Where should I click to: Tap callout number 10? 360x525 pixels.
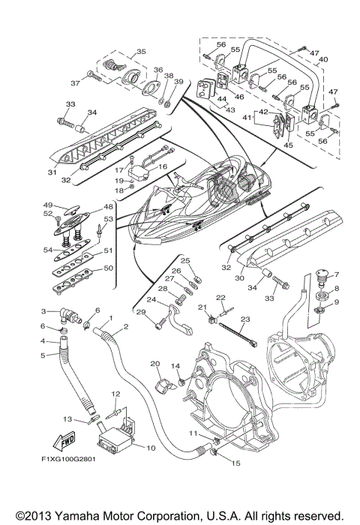(x=151, y=447)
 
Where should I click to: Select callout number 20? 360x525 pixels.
(x=154, y=364)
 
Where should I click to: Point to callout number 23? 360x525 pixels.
(x=245, y=319)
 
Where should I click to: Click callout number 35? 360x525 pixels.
(x=141, y=52)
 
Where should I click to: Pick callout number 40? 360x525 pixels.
(x=323, y=59)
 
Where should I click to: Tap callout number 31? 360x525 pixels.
(x=52, y=172)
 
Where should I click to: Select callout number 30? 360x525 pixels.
(x=239, y=278)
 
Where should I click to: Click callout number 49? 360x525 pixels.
(x=48, y=205)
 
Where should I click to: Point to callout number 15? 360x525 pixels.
(x=235, y=463)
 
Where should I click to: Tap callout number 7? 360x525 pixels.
(x=336, y=275)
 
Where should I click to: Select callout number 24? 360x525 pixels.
(x=151, y=299)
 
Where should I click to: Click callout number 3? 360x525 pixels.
(x=43, y=311)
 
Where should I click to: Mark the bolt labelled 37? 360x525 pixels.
(x=94, y=76)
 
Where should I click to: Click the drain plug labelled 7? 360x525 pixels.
(x=323, y=277)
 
